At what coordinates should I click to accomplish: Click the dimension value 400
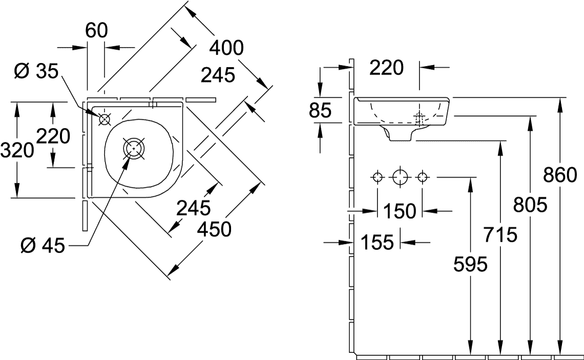pos(226,48)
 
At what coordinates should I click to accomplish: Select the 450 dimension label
pos(214,229)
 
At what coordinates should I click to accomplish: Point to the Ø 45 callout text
pos(42,246)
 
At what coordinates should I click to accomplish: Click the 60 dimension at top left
pos(96,31)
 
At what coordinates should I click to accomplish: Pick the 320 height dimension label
pos(17,150)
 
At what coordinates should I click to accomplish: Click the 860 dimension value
pos(560,176)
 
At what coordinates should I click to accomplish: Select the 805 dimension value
pos(531,205)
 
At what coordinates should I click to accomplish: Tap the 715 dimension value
pos(500,235)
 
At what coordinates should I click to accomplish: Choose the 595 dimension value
pos(470,265)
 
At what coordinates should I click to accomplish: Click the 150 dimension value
pos(400,210)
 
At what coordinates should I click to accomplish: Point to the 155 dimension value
pos(378,242)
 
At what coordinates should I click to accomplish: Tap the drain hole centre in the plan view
pos(134,147)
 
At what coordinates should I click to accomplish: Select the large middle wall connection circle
pos(400,178)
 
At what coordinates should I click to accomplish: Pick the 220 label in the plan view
pos(53,136)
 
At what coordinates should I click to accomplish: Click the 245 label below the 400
pos(218,75)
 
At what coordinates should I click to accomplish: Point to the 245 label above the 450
pos(194,207)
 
